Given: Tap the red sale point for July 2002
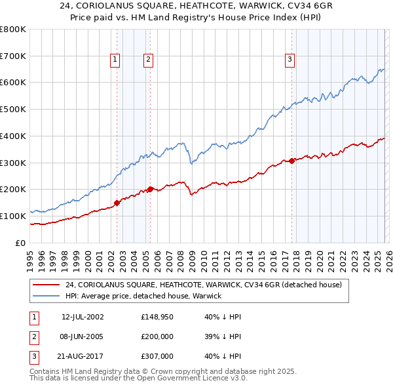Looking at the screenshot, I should [117, 203].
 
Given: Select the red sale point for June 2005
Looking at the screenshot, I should [150, 189].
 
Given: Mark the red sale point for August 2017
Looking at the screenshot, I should [291, 161].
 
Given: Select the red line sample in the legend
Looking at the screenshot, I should [45, 285].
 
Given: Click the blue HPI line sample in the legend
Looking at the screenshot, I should [45, 296].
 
